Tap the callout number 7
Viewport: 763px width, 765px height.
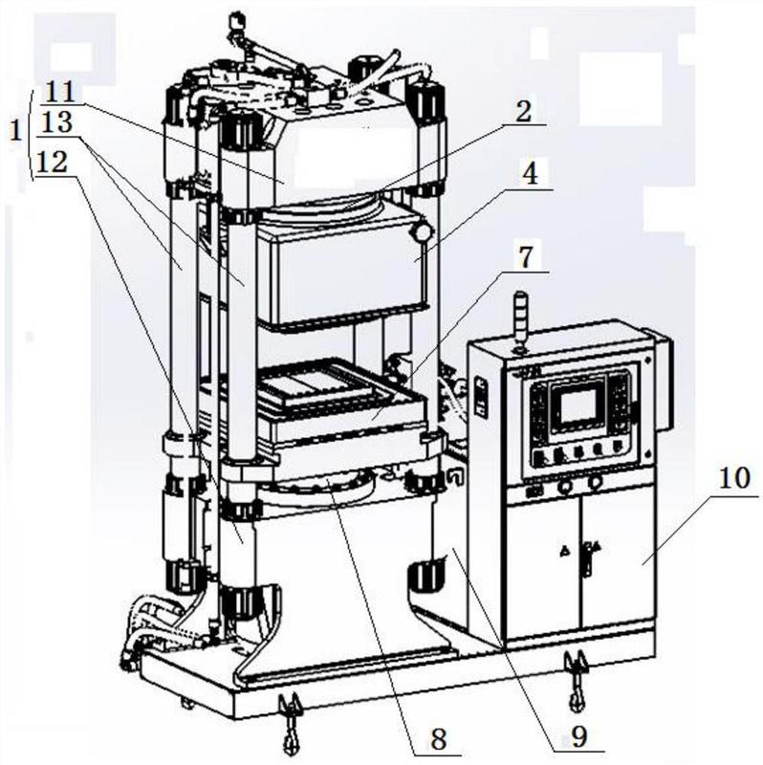point(532,256)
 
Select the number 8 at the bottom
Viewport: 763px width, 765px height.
point(440,738)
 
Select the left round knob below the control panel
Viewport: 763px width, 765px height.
point(566,485)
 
